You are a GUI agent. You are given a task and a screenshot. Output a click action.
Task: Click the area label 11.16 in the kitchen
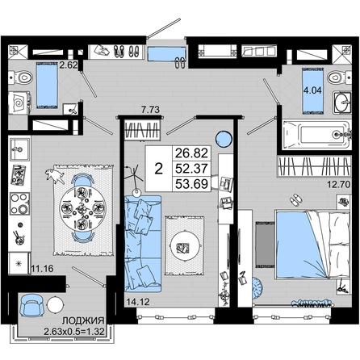pyautogui.click(x=43, y=268)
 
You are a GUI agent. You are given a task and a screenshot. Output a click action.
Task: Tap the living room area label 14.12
pyautogui.click(x=138, y=302)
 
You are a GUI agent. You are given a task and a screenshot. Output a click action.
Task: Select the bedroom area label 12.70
pyautogui.click(x=339, y=185)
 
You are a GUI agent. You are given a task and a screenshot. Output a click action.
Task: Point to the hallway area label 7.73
pyautogui.click(x=150, y=110)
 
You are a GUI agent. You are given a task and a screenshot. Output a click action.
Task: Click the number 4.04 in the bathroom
pyautogui.click(x=312, y=90)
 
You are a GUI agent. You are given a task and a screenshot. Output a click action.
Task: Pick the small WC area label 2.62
pyautogui.click(x=69, y=65)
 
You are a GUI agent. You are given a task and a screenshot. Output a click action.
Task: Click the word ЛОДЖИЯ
pyautogui.click(x=83, y=320)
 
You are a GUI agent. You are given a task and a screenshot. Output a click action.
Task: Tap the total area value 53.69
pyautogui.click(x=191, y=184)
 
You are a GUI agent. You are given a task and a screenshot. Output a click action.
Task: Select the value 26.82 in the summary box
pyautogui.click(x=191, y=153)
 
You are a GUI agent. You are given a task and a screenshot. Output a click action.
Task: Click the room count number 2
pyautogui.click(x=159, y=169)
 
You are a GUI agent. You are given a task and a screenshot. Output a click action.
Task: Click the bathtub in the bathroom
pyautogui.click(x=316, y=135)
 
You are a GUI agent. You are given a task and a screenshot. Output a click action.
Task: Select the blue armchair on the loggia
pyautogui.click(x=31, y=305)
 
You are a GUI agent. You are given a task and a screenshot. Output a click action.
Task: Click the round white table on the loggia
pyautogui.click(x=56, y=305)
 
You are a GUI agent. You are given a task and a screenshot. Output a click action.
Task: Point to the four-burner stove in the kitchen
pyautogui.click(x=19, y=203)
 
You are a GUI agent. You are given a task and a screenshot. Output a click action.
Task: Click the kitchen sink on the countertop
pyautogui.click(x=19, y=149)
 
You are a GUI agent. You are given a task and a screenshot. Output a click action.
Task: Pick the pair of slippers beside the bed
pyautogui.click(x=295, y=200)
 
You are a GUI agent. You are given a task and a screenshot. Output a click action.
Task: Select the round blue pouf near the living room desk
pyautogui.click(x=224, y=139)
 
